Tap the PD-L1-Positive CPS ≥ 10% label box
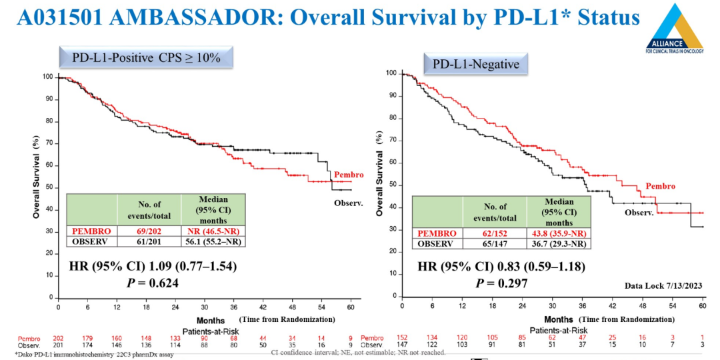click(x=146, y=58)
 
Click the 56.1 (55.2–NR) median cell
click(x=213, y=241)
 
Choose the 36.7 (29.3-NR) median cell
click(x=559, y=244)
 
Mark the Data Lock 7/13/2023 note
click(x=663, y=285)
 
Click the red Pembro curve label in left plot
click(x=348, y=174)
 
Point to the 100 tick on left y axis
click(x=47, y=77)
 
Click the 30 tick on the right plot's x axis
click(x=551, y=305)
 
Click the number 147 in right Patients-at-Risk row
click(x=401, y=345)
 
